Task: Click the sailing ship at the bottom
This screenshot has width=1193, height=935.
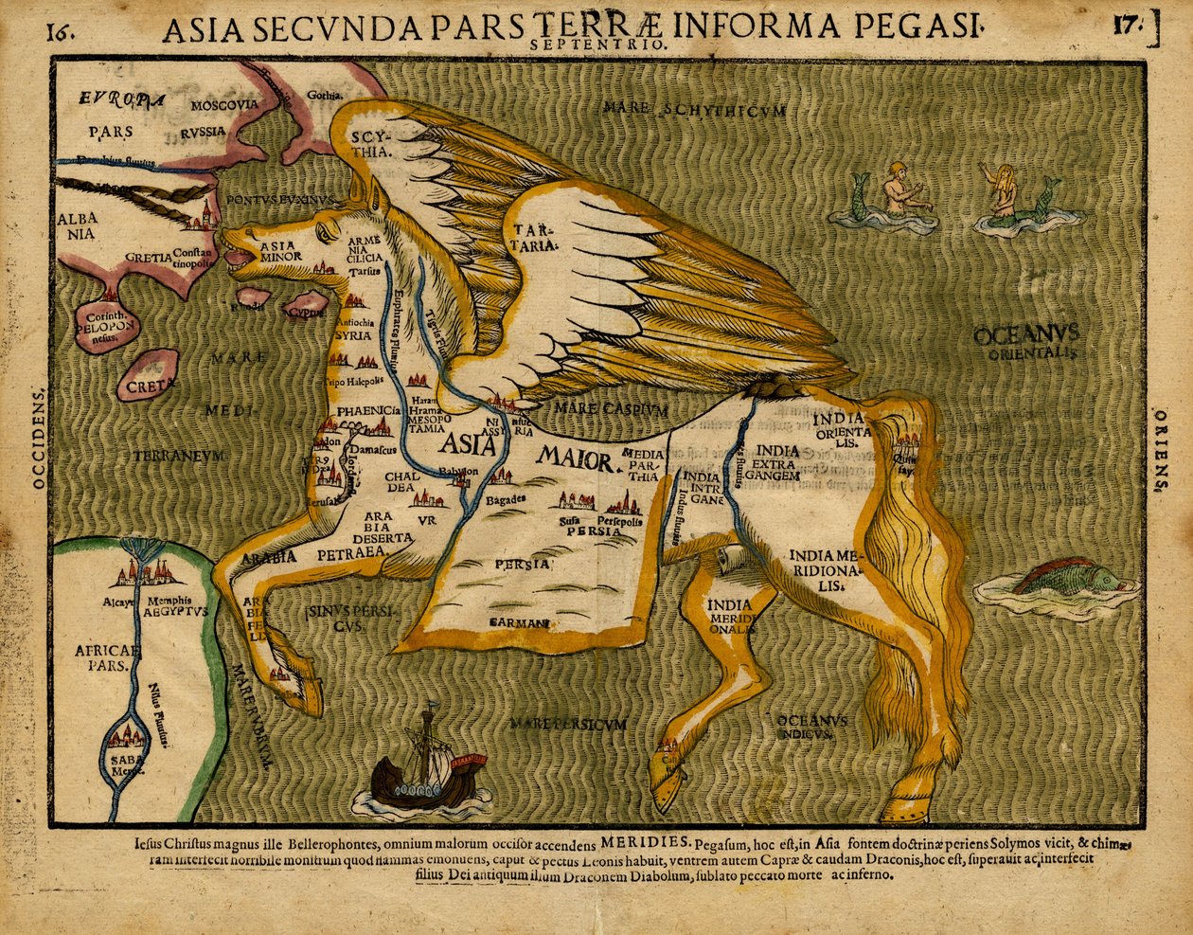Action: point(427,767)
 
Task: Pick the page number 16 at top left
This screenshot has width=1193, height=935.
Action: point(59,30)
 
